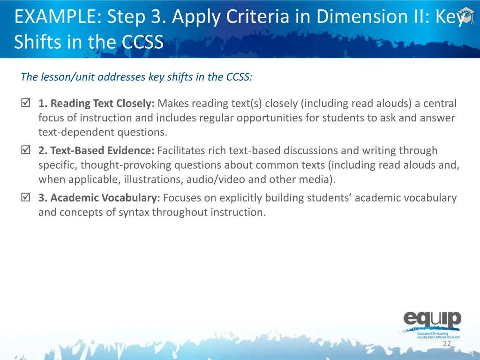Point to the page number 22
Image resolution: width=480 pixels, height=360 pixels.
point(447,344)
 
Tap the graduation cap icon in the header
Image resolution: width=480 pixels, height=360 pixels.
point(465,14)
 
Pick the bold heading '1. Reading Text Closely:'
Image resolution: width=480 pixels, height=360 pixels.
point(97,104)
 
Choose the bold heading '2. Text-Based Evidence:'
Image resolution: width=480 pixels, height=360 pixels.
point(97,150)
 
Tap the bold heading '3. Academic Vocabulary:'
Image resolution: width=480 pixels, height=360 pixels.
point(99,198)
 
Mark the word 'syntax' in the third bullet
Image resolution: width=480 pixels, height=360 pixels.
point(134,212)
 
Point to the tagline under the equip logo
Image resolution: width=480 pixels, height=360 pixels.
point(438,335)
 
